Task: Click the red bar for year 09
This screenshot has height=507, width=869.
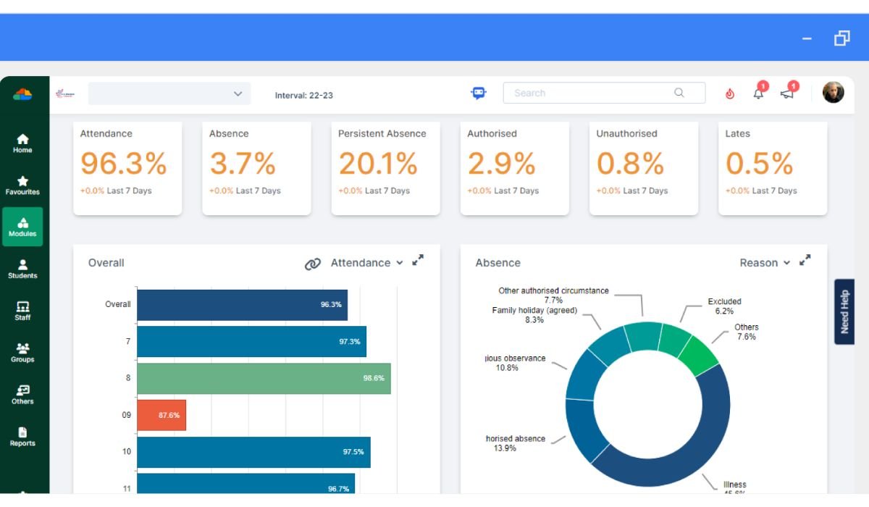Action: coord(161,415)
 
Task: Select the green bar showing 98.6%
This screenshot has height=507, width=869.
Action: coord(264,378)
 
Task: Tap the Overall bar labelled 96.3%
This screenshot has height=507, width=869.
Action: coord(242,305)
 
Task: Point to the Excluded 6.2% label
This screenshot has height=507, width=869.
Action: coord(724,306)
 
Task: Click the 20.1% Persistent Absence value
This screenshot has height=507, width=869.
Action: coord(378,164)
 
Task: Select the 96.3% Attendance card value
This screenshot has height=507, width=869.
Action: coord(124,164)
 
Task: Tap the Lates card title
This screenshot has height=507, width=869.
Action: coord(738,134)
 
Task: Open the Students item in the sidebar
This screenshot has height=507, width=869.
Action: coord(22,269)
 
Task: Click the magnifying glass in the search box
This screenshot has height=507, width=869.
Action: coord(679,93)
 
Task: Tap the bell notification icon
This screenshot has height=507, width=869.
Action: coord(759,93)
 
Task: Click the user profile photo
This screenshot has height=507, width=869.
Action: coord(834,92)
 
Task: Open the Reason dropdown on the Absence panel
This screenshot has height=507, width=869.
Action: coord(765,263)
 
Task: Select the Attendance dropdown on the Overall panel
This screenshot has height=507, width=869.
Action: coord(366,263)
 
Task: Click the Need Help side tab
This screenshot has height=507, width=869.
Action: coord(844,311)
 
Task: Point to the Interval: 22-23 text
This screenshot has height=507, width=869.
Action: coord(304,96)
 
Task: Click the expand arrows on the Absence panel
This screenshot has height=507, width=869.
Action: coord(805,261)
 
